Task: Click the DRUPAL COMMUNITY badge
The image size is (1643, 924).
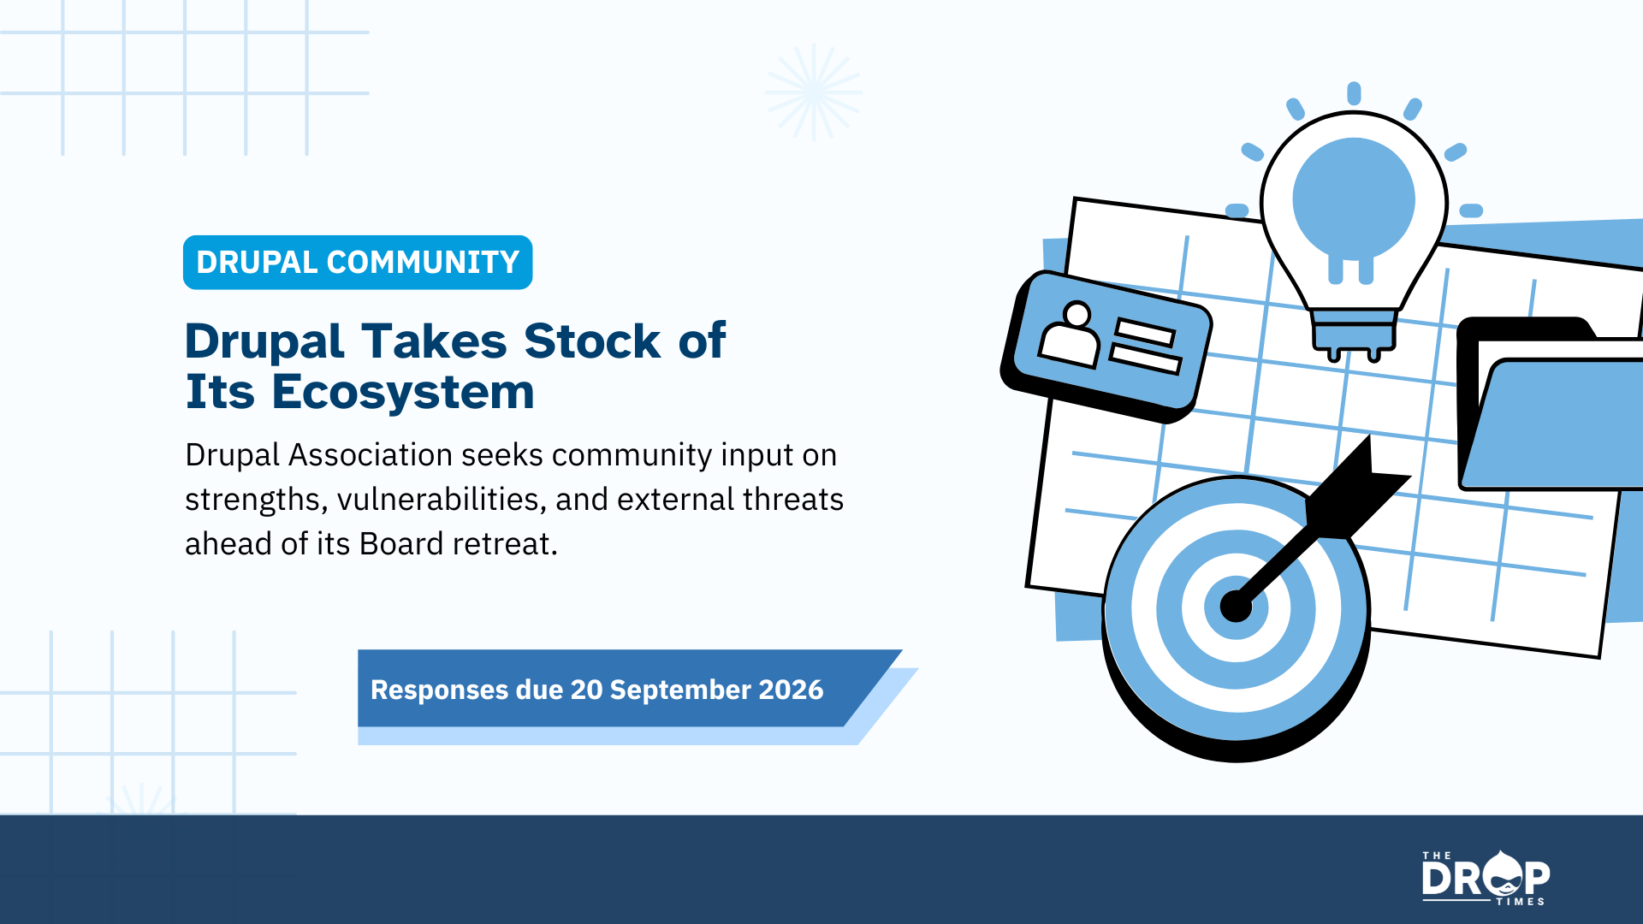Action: click(358, 262)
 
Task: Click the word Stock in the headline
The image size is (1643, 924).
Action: click(592, 341)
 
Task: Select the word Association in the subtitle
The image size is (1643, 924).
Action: click(371, 454)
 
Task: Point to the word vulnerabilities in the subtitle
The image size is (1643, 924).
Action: click(442, 499)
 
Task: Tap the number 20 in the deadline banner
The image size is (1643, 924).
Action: click(586, 690)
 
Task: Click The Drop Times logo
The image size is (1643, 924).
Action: click(1486, 878)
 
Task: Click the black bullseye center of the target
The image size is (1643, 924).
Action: click(1236, 607)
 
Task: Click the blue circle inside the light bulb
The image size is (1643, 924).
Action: click(1354, 198)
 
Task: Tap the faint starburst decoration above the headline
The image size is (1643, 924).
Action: click(814, 92)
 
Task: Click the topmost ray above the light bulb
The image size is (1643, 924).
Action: click(1354, 93)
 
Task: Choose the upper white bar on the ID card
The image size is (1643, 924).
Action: click(1145, 331)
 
